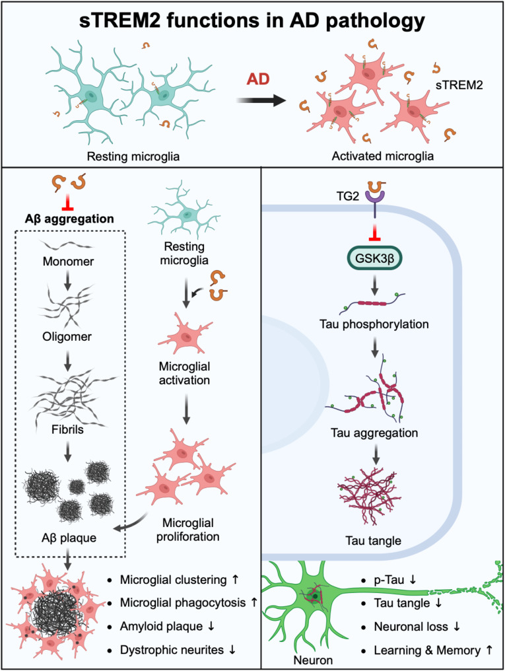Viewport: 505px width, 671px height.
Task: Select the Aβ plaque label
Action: [69, 537]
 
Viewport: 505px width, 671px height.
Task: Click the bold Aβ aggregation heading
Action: [68, 217]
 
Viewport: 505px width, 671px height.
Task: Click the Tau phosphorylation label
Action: [373, 325]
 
